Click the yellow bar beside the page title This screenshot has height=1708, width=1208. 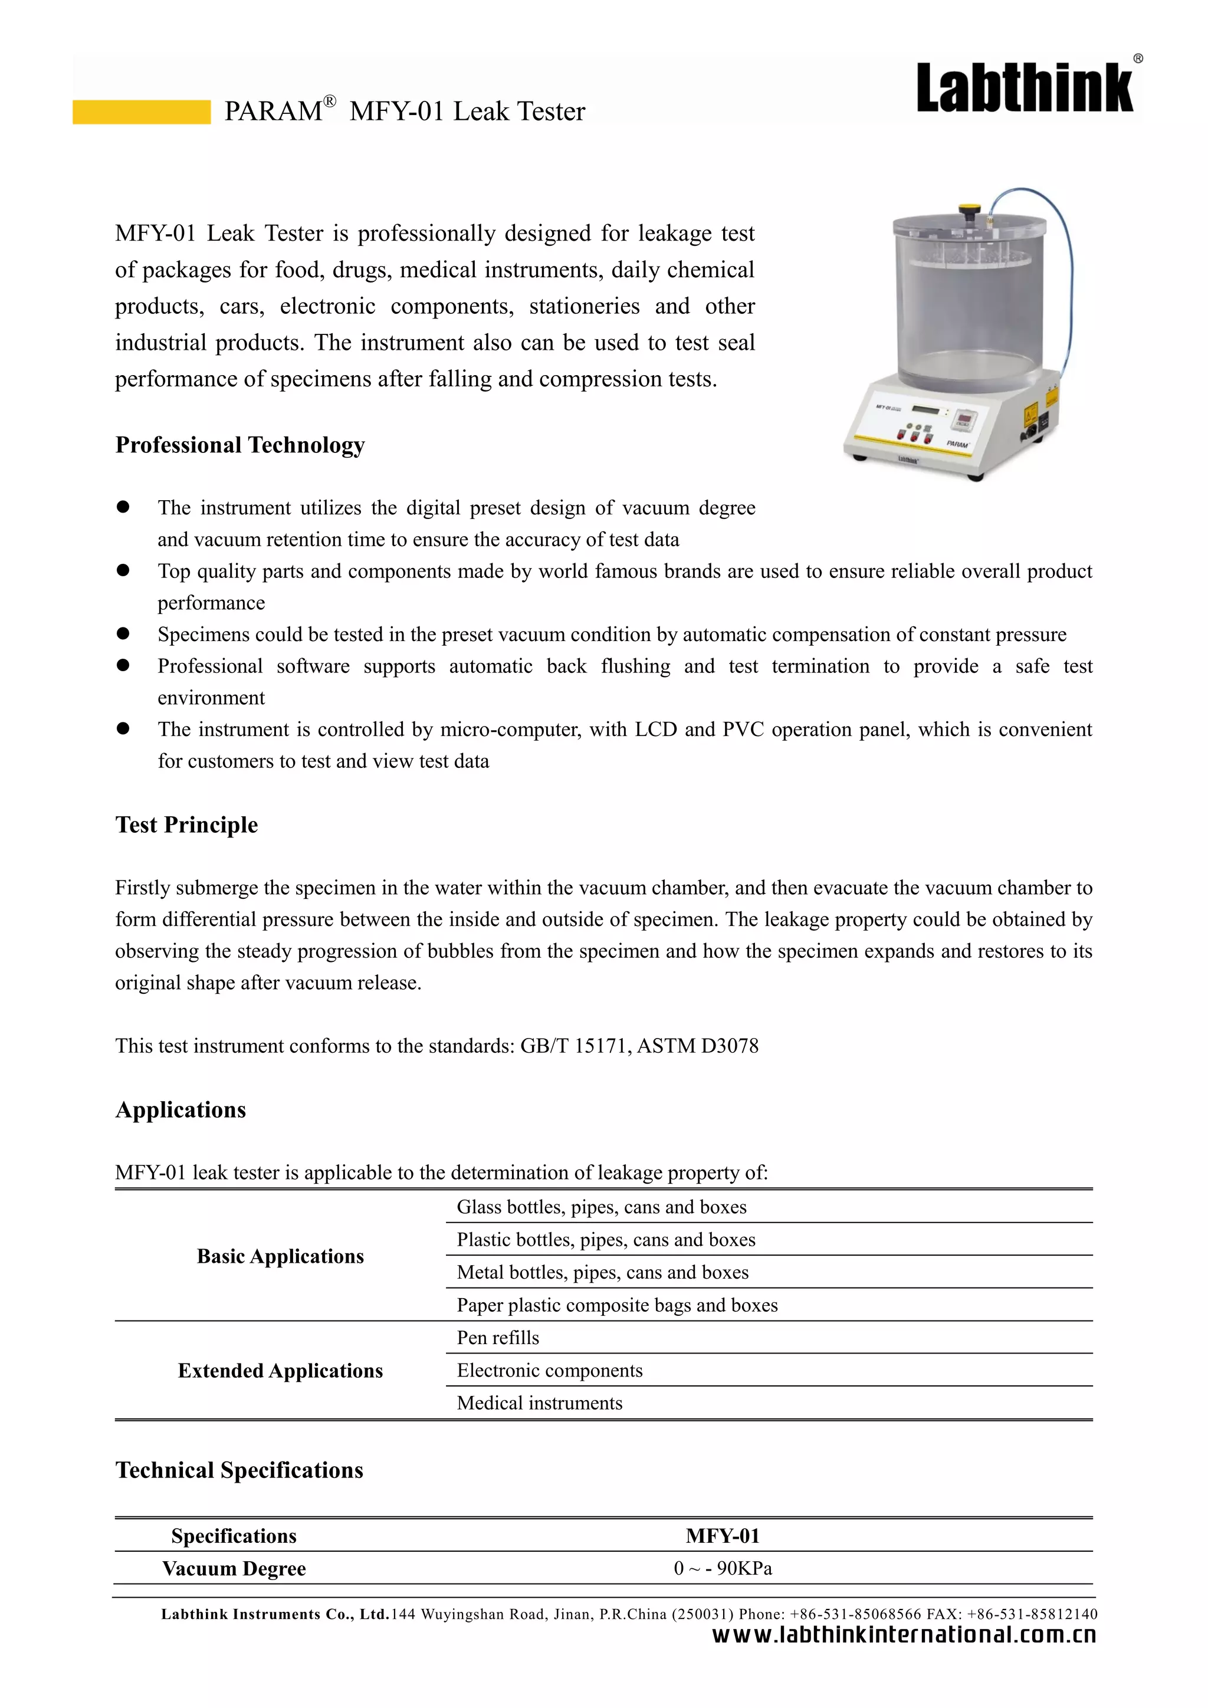(x=142, y=111)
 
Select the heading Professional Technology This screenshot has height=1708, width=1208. (x=239, y=445)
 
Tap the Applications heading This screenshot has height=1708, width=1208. (x=180, y=1110)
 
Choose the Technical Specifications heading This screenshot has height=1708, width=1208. (x=239, y=1470)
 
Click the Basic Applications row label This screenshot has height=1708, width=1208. (x=280, y=1256)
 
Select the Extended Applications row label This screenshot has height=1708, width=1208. (x=280, y=1371)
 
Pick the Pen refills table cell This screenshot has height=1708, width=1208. (x=498, y=1338)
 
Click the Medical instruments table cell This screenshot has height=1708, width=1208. (x=539, y=1404)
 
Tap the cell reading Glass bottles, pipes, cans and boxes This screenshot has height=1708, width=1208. (x=601, y=1207)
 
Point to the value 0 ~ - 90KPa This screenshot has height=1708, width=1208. (x=723, y=1569)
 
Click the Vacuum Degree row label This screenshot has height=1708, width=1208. (x=234, y=1569)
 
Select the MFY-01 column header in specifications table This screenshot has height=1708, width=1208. (x=723, y=1536)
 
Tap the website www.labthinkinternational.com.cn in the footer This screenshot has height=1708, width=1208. (x=904, y=1634)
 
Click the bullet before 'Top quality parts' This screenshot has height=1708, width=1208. (x=123, y=570)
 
